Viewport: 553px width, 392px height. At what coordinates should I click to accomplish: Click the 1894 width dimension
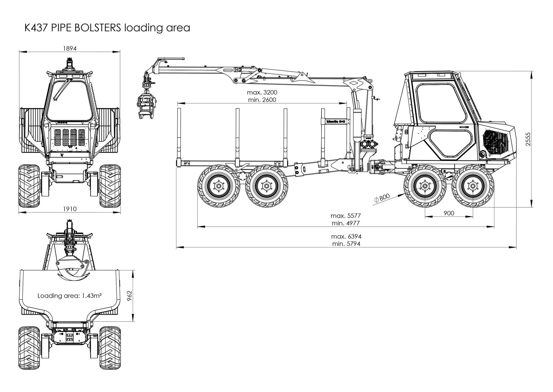pyautogui.click(x=69, y=48)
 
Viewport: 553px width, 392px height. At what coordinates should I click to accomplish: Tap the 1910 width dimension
pyautogui.click(x=70, y=209)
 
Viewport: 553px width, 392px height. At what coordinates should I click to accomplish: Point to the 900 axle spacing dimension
pyautogui.click(x=449, y=213)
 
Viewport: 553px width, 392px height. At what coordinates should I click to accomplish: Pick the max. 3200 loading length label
pyautogui.click(x=262, y=92)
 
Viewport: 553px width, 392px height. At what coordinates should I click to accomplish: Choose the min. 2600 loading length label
pyautogui.click(x=263, y=100)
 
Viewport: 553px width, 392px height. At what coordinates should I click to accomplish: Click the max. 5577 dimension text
pyautogui.click(x=346, y=216)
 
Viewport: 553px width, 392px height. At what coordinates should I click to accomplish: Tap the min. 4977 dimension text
pyautogui.click(x=346, y=223)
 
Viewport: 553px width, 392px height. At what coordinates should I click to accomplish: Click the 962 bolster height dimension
pyautogui.click(x=129, y=296)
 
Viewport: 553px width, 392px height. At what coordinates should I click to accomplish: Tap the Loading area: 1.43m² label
pyautogui.click(x=70, y=296)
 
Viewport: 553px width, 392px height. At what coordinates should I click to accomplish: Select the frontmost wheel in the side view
pyautogui.click(x=473, y=186)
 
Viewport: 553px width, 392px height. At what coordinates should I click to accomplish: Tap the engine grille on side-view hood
pyautogui.click(x=496, y=144)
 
